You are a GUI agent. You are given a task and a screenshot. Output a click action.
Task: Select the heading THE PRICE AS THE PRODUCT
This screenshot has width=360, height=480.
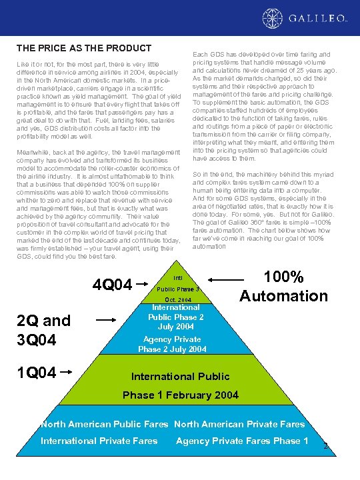pos(84,49)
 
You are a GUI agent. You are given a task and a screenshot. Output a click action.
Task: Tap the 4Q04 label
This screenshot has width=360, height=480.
pos(113,285)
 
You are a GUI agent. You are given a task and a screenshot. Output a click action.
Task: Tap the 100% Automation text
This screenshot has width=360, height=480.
pos(283,286)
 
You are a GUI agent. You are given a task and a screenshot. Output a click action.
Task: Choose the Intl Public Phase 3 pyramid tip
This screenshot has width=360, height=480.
pos(177,283)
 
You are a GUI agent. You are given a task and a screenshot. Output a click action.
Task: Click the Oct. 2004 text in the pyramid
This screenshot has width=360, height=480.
pos(177,300)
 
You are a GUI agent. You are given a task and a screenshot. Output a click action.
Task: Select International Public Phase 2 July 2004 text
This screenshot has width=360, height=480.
pos(176,317)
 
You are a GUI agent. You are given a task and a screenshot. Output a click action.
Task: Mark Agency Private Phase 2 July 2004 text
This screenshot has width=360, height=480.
pos(173,344)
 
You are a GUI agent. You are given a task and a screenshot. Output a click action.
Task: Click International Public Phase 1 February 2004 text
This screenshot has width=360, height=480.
pos(181,385)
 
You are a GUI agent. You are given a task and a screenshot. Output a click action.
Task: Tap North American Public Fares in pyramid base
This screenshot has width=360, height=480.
pos(105,424)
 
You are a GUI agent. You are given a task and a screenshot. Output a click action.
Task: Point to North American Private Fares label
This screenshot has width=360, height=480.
pos(239,424)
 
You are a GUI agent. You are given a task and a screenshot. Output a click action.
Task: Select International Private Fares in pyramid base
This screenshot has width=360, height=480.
pos(99,441)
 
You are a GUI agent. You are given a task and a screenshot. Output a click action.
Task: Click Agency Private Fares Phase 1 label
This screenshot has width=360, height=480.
pos(242,441)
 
